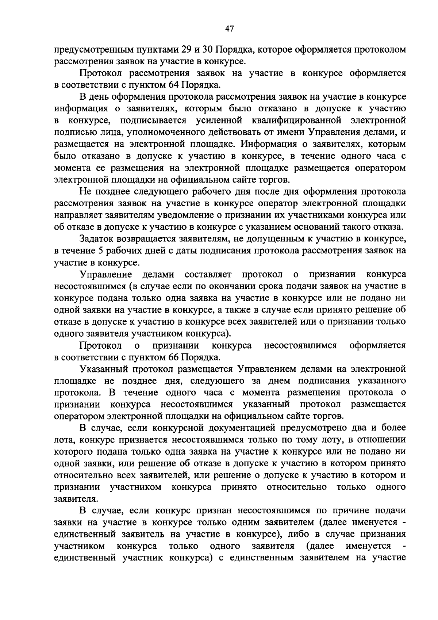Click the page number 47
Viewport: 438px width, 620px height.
coord(229,29)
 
